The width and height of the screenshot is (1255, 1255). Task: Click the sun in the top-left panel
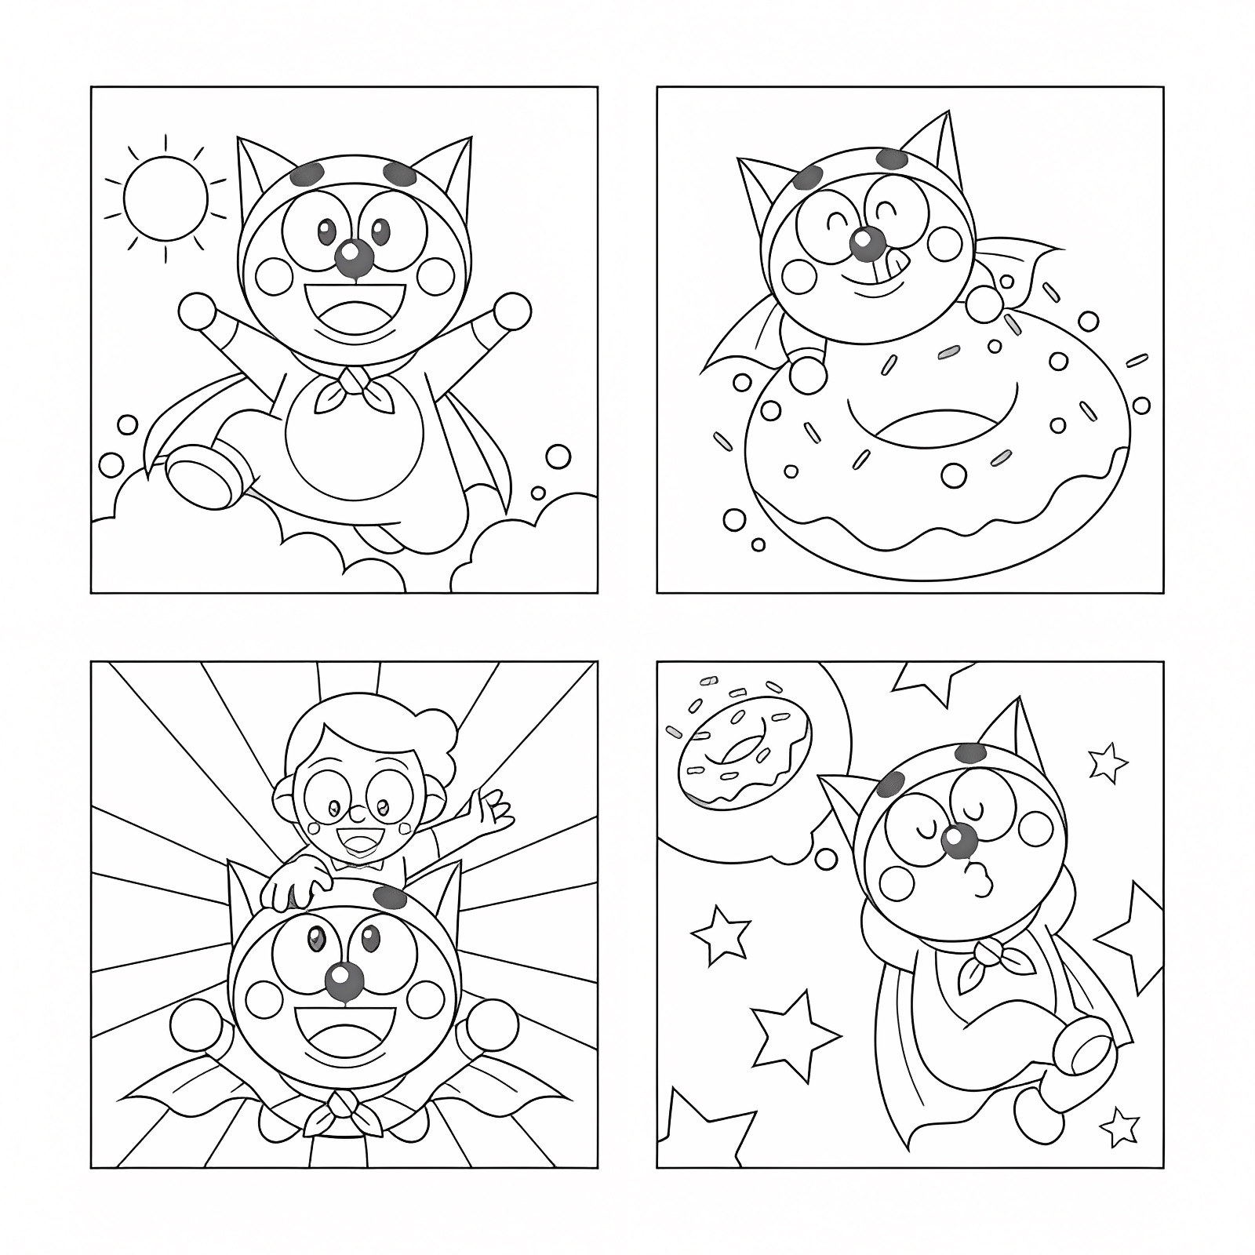[166, 199]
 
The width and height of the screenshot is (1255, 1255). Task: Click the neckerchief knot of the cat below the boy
[342, 1105]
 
